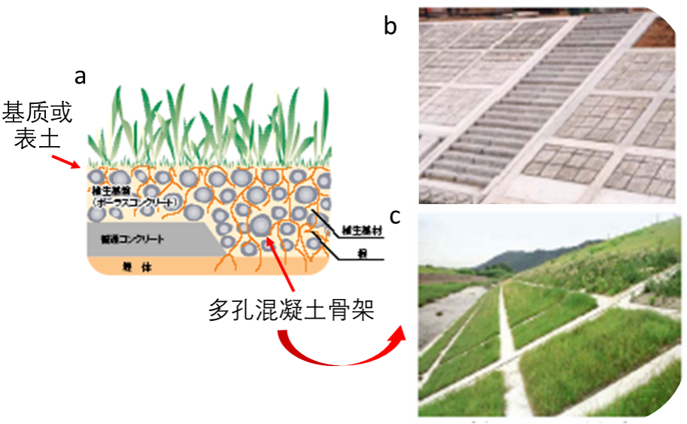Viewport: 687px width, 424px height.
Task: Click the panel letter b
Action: (x=390, y=26)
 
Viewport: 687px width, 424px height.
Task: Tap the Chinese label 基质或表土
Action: (x=38, y=126)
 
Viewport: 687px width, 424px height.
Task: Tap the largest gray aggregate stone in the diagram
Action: (x=260, y=224)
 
